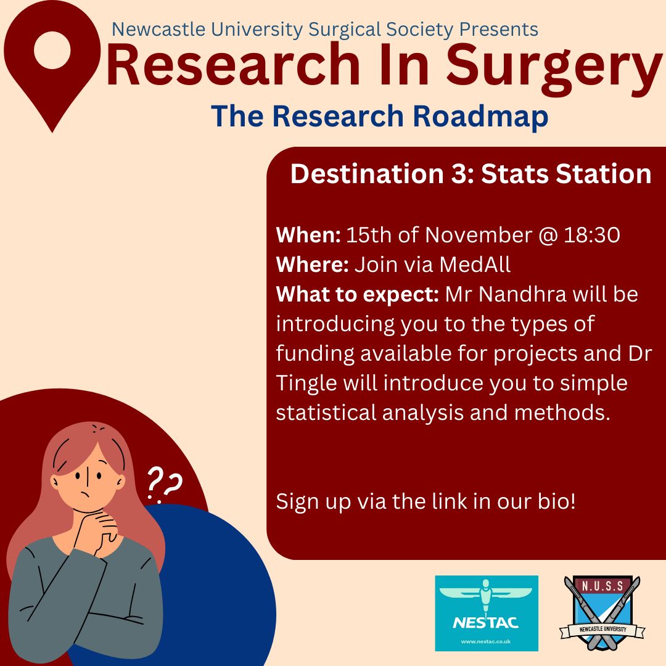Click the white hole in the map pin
52,50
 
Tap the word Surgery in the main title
554,67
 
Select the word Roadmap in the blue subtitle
480,117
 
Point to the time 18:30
591,235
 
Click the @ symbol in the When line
548,236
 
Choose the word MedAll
475,264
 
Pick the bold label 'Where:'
312,264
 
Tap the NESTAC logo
487,613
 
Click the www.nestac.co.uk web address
486,642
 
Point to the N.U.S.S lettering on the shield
602,586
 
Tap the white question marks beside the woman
164,483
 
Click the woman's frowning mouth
86,495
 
